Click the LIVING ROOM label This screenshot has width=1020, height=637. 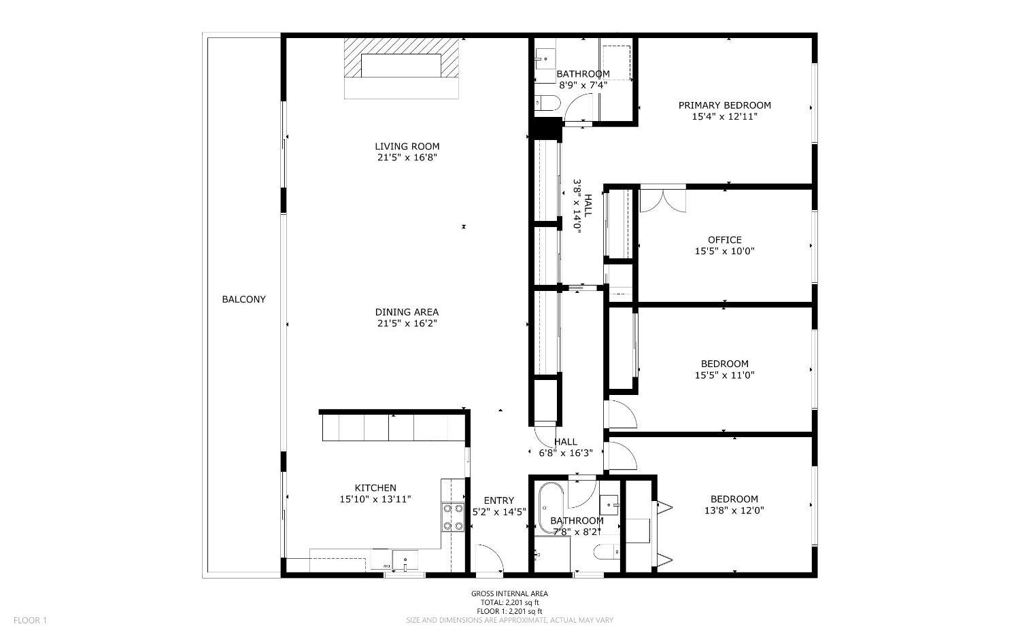click(407, 146)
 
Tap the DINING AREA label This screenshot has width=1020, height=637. click(407, 312)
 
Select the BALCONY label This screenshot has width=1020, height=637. click(243, 299)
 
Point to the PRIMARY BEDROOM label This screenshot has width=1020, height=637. click(724, 105)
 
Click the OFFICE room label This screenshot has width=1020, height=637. click(724, 240)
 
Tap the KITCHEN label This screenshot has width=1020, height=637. click(375, 488)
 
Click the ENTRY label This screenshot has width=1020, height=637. click(498, 501)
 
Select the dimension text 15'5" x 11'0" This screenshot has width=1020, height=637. click(724, 375)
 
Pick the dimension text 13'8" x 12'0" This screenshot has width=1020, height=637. click(734, 511)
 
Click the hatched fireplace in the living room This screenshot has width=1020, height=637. click(401, 66)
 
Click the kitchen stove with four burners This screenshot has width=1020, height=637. click(452, 517)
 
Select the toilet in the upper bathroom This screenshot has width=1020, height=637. click(547, 103)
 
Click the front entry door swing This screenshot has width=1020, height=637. click(488, 557)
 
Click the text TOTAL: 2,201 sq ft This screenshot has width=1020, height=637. click(509, 602)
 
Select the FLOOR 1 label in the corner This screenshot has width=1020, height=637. click(30, 620)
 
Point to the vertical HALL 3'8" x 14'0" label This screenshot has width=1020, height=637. click(582, 207)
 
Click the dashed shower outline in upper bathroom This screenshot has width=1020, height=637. click(616, 63)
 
